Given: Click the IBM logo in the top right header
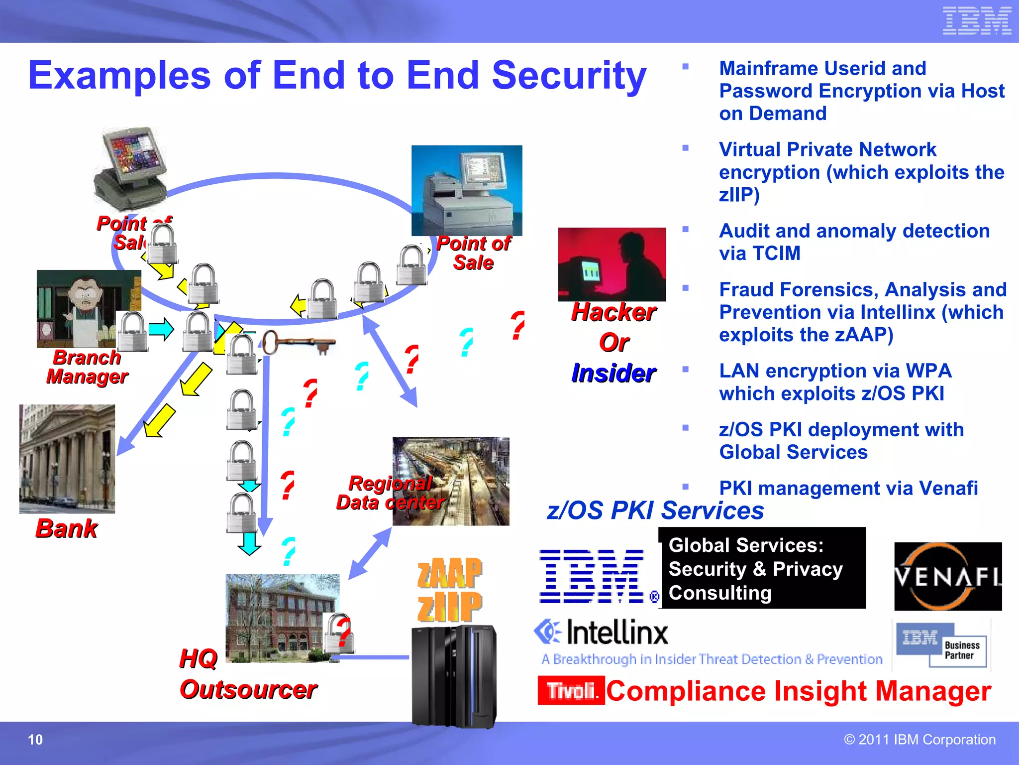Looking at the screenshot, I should pyautogui.click(x=977, y=21).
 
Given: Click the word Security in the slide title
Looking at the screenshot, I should pyautogui.click(x=569, y=75).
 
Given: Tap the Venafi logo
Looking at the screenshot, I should pyautogui.click(x=948, y=576).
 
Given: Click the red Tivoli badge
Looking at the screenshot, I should pyautogui.click(x=571, y=690).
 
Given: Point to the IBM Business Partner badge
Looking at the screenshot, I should pyautogui.click(x=942, y=645).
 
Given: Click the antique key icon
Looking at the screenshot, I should pyautogui.click(x=299, y=343).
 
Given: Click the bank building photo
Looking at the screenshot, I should pyautogui.click(x=67, y=459).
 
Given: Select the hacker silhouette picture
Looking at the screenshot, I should pyautogui.click(x=611, y=264).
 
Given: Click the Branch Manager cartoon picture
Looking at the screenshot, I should pyautogui.click(x=89, y=308).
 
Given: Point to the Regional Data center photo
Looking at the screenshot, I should pyautogui.click(x=451, y=481).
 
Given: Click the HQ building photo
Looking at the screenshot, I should pyautogui.click(x=282, y=618).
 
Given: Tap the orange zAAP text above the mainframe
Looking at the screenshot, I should pyautogui.click(x=449, y=573).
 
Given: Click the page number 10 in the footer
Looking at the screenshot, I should pyautogui.click(x=35, y=740).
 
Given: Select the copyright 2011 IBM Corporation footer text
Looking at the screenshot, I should pyautogui.click(x=919, y=740).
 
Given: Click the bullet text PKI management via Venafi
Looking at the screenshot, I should pyautogui.click(x=848, y=488).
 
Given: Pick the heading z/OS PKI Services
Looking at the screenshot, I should pyautogui.click(x=655, y=510).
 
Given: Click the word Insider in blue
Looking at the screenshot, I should pyautogui.click(x=613, y=373).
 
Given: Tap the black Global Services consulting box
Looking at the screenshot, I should pyautogui.click(x=762, y=568).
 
